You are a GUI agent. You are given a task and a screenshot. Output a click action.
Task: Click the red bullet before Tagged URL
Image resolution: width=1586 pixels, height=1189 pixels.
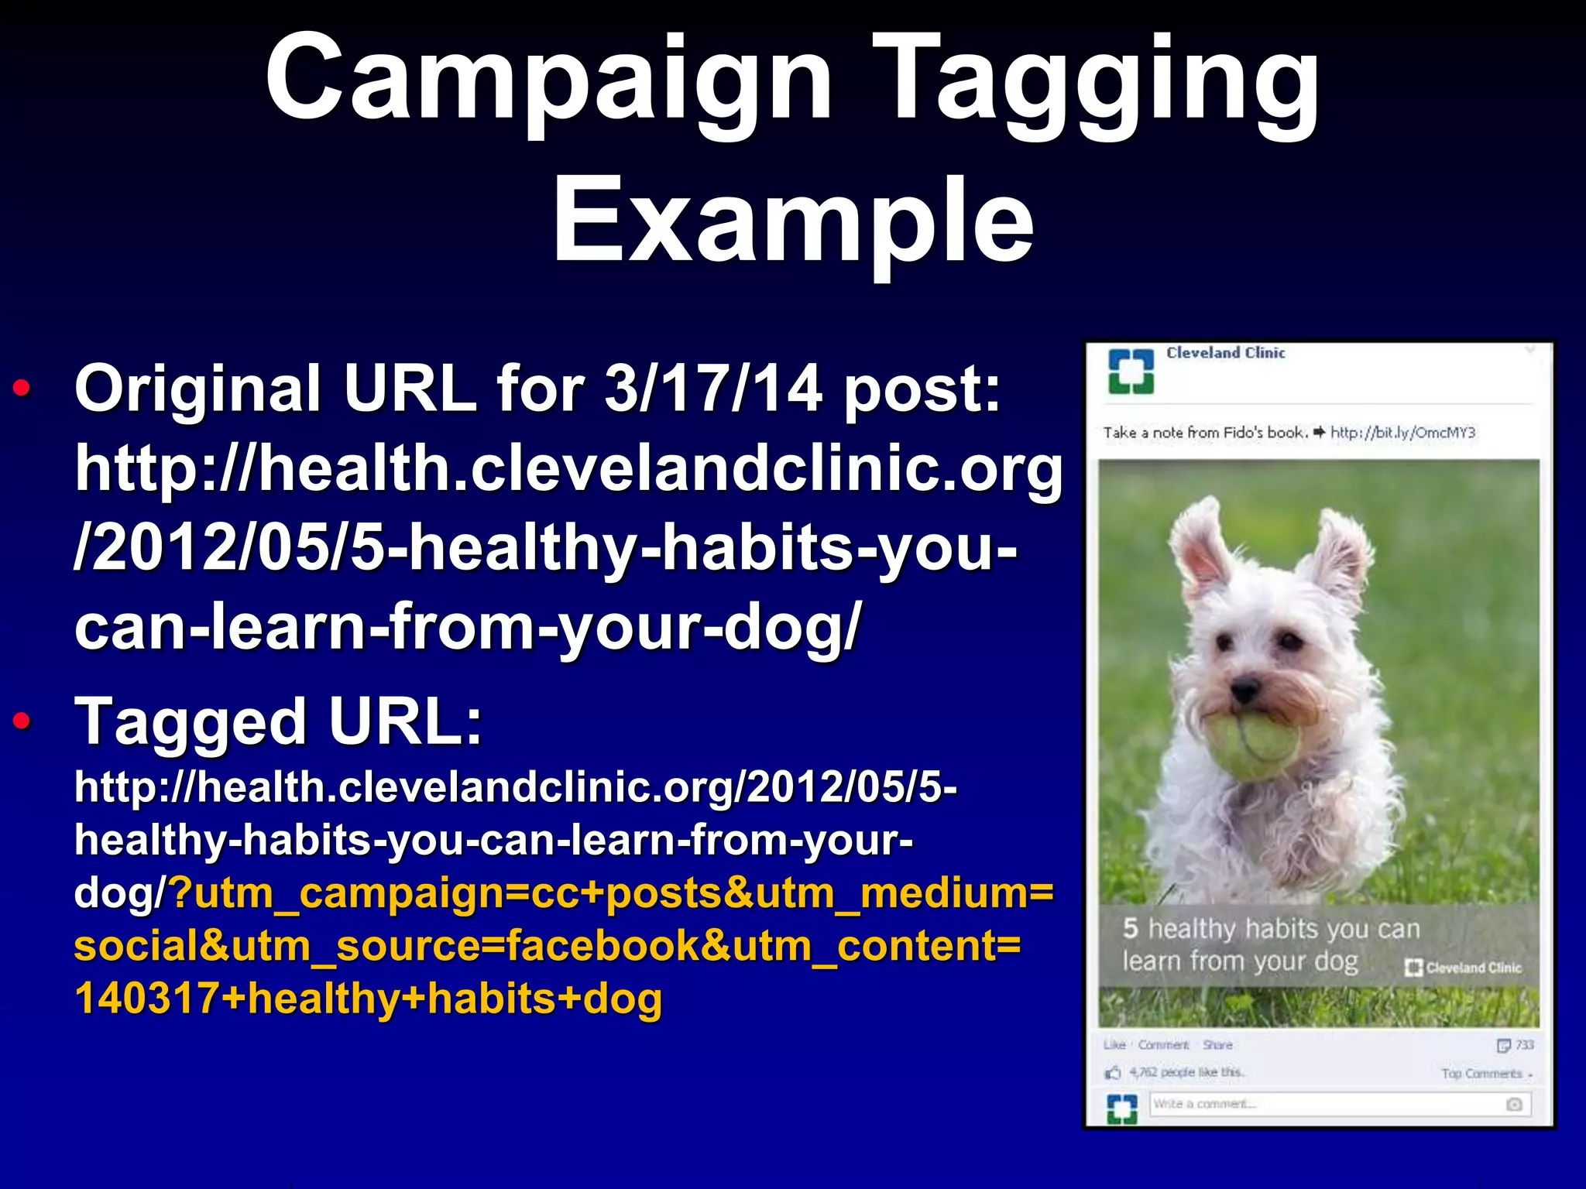click(x=22, y=721)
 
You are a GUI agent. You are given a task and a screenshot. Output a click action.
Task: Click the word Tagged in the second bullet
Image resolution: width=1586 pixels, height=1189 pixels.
click(x=191, y=721)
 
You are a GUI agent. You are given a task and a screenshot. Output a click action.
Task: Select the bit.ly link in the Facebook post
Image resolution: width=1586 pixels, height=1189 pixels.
click(x=1402, y=433)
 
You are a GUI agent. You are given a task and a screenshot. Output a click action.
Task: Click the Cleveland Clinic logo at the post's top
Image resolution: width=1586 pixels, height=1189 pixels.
click(x=1131, y=372)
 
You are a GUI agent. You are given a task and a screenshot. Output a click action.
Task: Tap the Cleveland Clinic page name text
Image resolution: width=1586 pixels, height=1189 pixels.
click(x=1225, y=353)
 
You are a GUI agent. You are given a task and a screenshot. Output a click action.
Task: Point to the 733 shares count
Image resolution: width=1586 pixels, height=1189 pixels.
click(x=1524, y=1045)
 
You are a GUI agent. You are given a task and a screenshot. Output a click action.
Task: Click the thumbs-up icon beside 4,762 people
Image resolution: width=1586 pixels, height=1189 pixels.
click(x=1114, y=1073)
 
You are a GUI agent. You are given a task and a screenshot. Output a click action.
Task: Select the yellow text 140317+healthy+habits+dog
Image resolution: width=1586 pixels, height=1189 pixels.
click(x=369, y=999)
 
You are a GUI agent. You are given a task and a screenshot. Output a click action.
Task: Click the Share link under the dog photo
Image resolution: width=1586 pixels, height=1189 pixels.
click(x=1217, y=1045)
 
